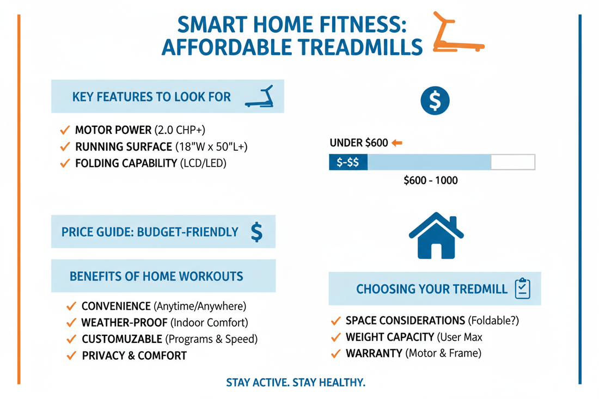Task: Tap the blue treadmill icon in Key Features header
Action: click(260, 96)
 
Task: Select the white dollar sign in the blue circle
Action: click(435, 100)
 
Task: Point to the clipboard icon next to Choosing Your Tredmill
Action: click(522, 288)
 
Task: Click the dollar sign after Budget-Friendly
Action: click(257, 232)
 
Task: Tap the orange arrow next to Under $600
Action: click(396, 143)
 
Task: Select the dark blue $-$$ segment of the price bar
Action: click(349, 162)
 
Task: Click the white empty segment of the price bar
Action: click(512, 162)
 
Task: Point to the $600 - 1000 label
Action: click(430, 181)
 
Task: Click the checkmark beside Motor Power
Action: click(64, 131)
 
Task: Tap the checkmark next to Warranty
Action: click(335, 354)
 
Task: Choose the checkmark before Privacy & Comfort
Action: click(70, 356)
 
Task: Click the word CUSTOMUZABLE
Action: click(121, 339)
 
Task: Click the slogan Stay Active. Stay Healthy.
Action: click(296, 383)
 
